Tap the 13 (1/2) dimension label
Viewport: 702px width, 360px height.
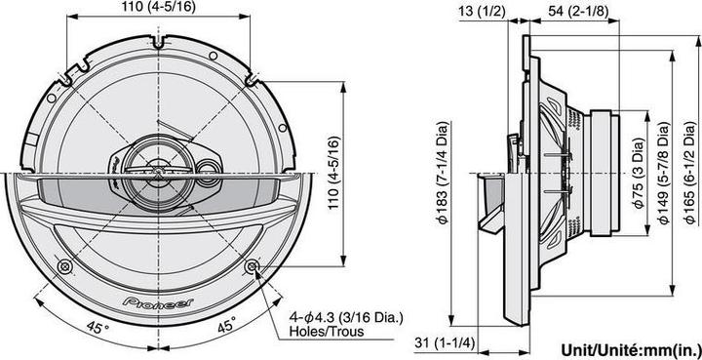pyautogui.click(x=481, y=12)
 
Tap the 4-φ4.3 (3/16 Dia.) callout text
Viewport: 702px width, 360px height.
pyautogui.click(x=345, y=316)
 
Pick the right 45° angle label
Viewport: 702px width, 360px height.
pyautogui.click(x=226, y=327)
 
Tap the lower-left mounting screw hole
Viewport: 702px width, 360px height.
pyautogui.click(x=64, y=266)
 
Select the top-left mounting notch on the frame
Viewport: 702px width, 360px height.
pyautogui.click(x=64, y=75)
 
